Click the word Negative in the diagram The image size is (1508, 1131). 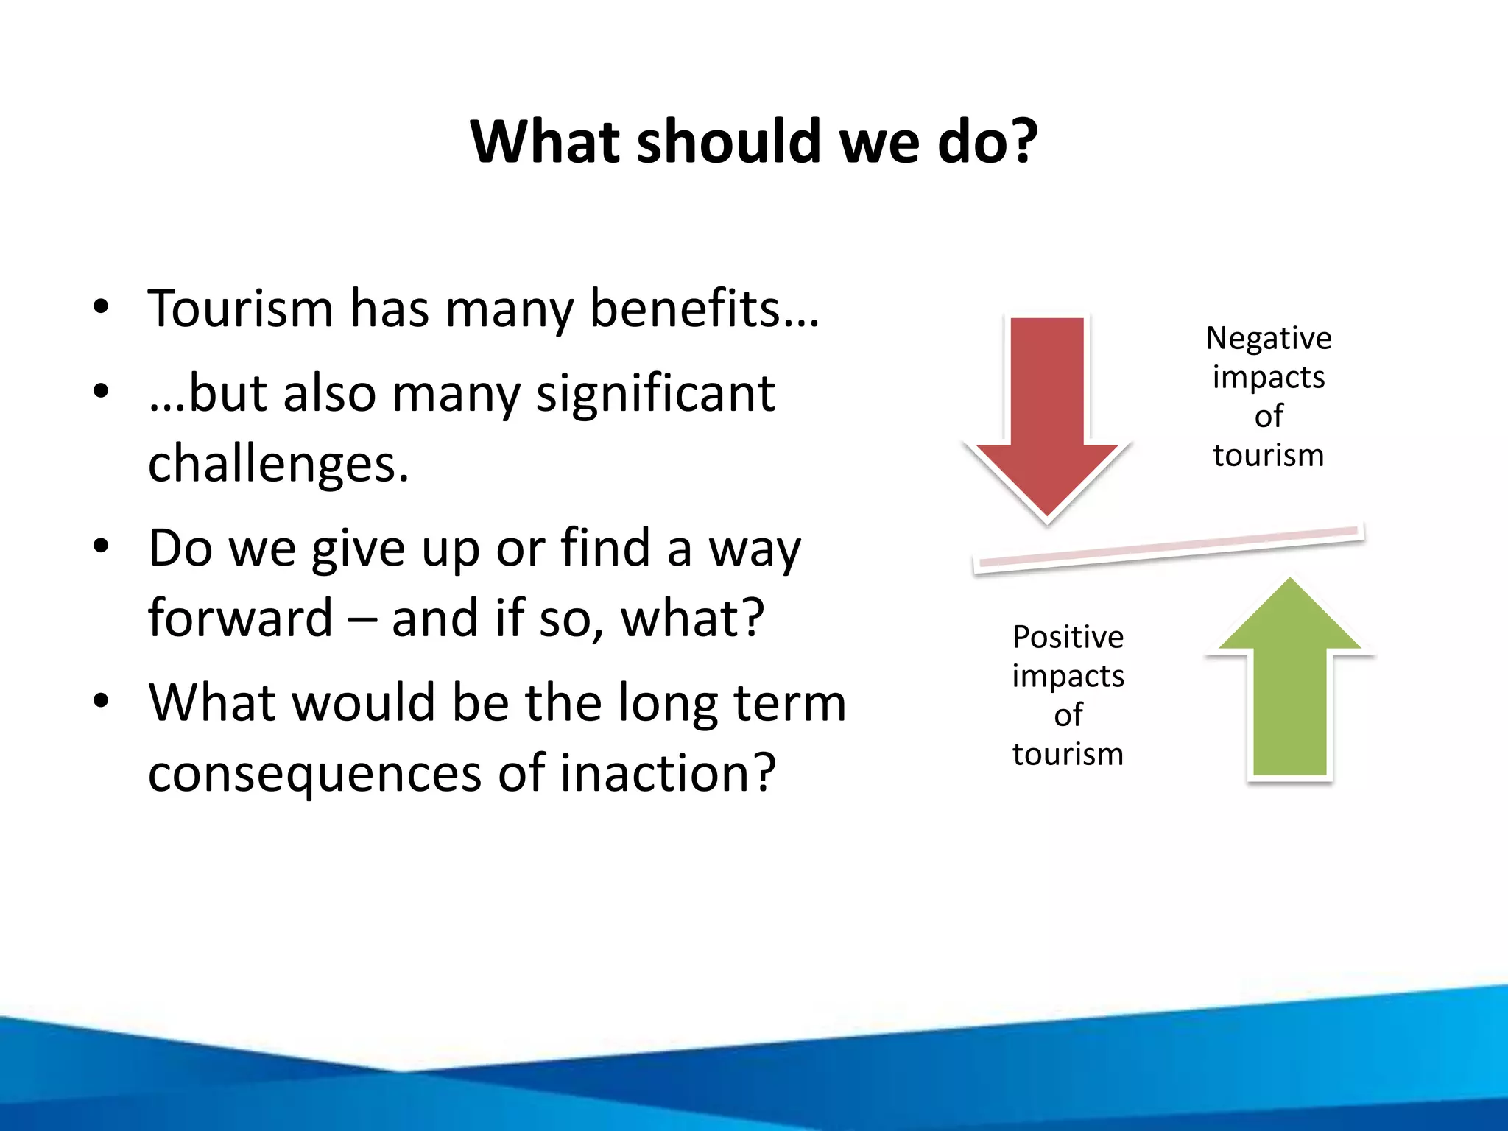pyautogui.click(x=1268, y=339)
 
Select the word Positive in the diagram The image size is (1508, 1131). pyautogui.click(x=1068, y=637)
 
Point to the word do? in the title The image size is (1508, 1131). pyautogui.click(x=987, y=141)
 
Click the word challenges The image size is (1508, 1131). pyautogui.click(x=278, y=465)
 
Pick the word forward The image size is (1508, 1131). pyautogui.click(x=240, y=618)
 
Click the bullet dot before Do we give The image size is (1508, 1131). pyautogui.click(x=102, y=546)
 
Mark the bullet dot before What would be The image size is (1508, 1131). pyautogui.click(x=102, y=701)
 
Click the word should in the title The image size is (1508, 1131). pyautogui.click(x=728, y=141)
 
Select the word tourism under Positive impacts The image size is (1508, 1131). pyautogui.click(x=1068, y=755)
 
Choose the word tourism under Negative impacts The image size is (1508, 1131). pyautogui.click(x=1268, y=456)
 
